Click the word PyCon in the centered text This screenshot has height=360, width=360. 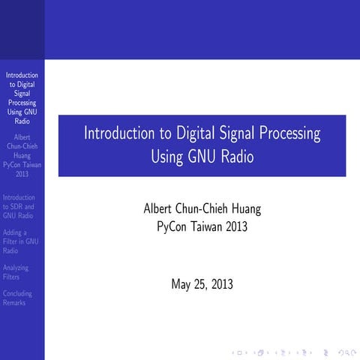coord(172,226)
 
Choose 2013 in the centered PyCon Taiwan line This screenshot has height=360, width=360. coord(238,226)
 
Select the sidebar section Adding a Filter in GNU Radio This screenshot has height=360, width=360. coord(21,241)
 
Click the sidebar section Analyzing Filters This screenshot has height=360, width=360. coord(16,271)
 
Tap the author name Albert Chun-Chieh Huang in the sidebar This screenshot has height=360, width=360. coord(22,147)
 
